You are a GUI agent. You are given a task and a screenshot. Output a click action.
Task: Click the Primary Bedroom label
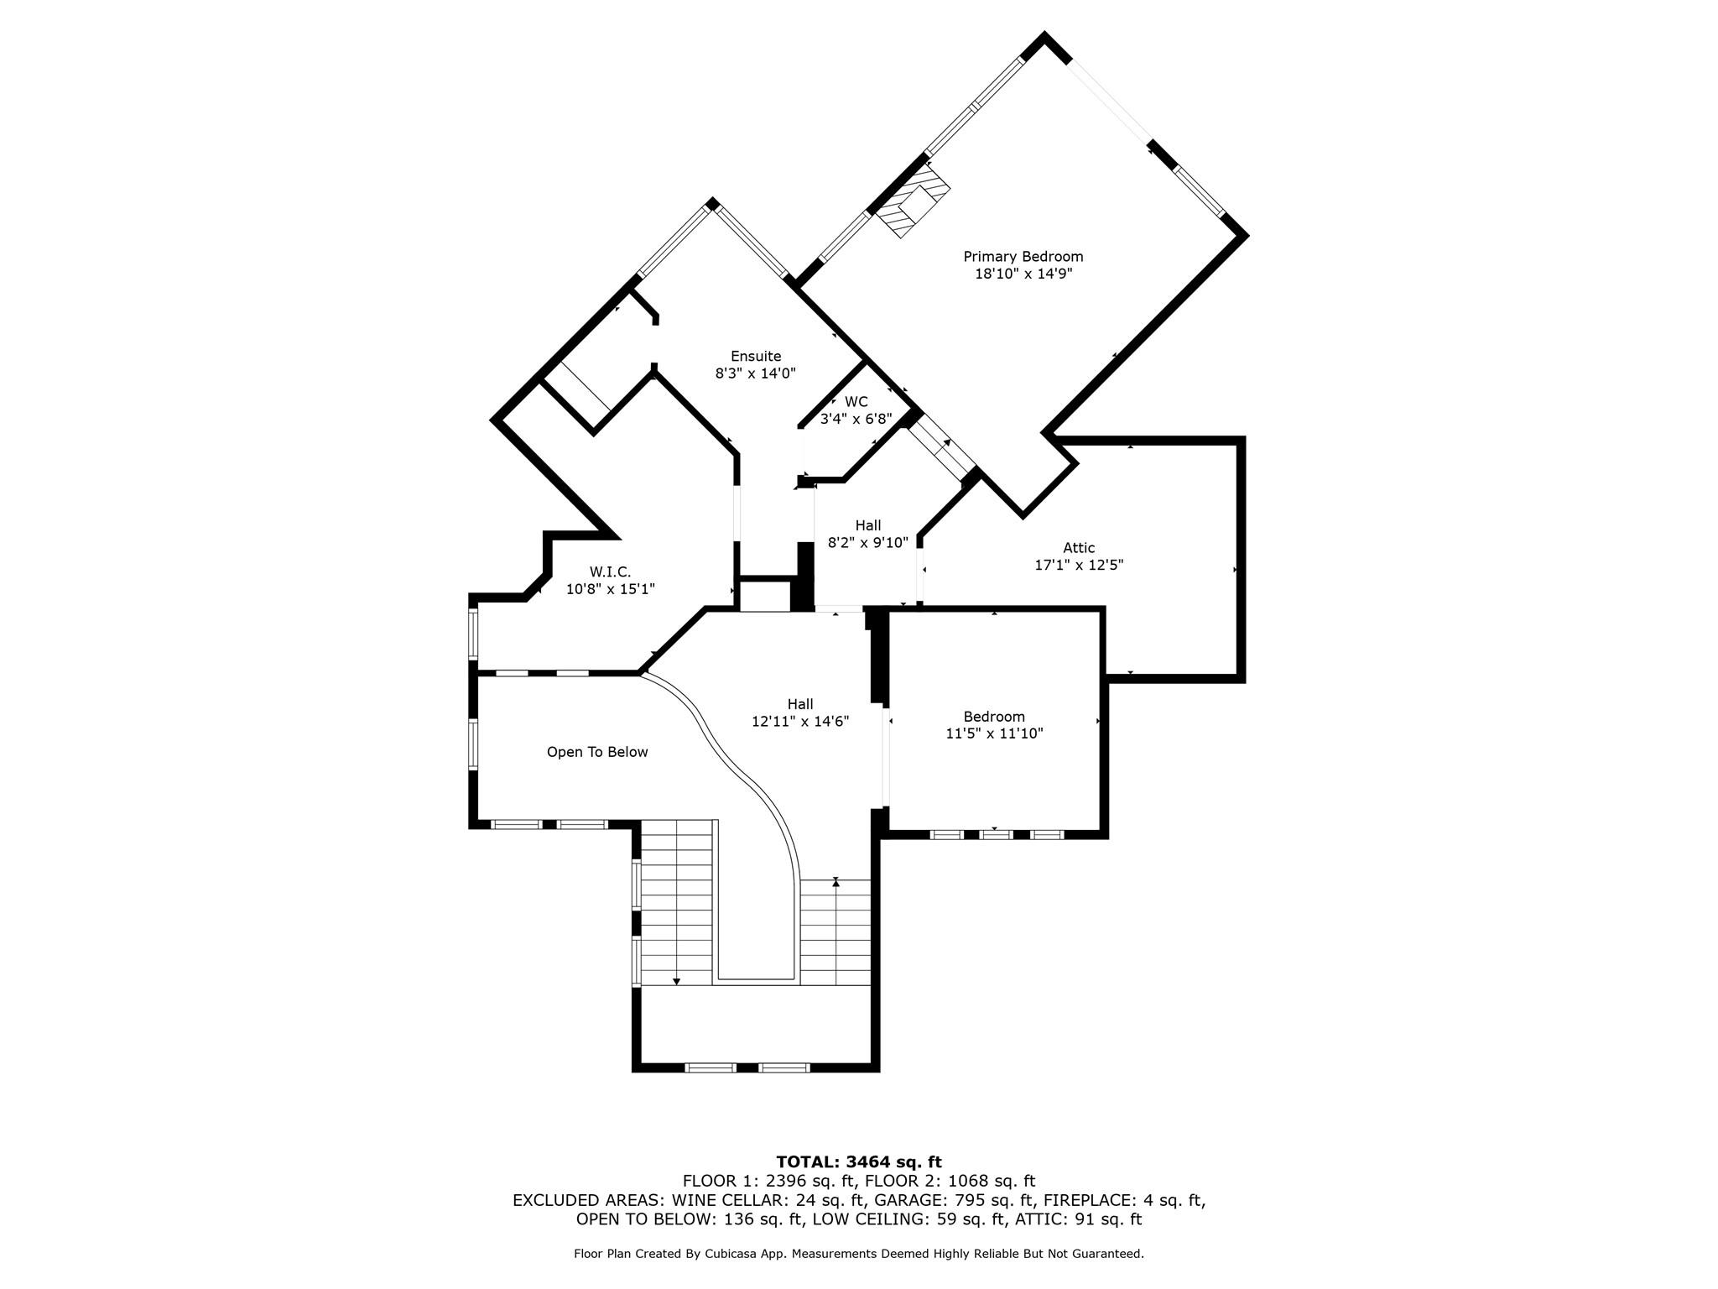(x=1023, y=257)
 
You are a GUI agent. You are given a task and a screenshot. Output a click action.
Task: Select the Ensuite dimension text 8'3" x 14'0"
(x=755, y=373)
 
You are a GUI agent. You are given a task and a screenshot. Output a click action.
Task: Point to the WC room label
(x=856, y=402)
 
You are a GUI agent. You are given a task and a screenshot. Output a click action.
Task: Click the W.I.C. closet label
(x=610, y=572)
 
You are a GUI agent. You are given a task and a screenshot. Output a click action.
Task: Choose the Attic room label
(x=1079, y=548)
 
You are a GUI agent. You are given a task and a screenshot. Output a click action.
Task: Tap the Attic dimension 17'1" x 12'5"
(x=1079, y=566)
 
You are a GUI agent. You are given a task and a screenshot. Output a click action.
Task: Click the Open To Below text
(x=597, y=752)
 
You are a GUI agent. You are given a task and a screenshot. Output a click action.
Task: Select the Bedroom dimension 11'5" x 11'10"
(x=994, y=733)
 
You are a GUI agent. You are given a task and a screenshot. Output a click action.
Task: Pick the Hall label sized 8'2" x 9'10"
(x=868, y=525)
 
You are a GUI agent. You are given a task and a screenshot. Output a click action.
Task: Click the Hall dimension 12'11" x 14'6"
(x=800, y=722)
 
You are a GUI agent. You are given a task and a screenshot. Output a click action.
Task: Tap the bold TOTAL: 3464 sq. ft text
(x=859, y=1162)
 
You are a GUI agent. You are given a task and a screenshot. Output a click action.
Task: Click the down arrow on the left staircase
(x=676, y=980)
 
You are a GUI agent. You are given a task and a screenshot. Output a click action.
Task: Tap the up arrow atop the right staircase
(x=836, y=883)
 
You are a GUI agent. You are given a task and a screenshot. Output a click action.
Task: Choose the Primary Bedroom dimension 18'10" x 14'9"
(x=1023, y=274)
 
